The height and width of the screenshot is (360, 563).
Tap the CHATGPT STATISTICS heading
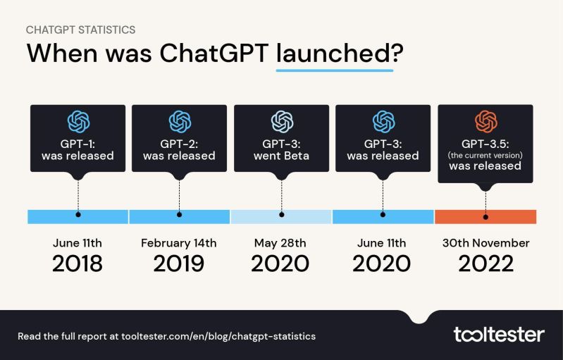click(81, 30)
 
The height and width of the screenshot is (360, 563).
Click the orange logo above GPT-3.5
click(485, 122)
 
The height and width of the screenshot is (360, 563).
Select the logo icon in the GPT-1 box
click(78, 122)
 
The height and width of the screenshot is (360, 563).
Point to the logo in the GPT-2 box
click(180, 122)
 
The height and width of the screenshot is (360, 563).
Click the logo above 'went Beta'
click(282, 122)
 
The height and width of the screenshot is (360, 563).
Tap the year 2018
click(78, 263)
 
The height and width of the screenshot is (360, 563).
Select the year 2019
click(179, 263)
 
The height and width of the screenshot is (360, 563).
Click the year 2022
click(485, 263)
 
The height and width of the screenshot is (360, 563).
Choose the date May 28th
click(281, 243)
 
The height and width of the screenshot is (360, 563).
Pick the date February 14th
click(179, 243)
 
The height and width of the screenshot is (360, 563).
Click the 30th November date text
click(485, 243)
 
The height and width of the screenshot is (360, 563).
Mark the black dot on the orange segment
click(485, 216)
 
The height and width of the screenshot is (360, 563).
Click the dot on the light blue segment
click(282, 214)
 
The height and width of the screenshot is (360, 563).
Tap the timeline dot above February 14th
click(180, 214)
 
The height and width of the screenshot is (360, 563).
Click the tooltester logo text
click(498, 334)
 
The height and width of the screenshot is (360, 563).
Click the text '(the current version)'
click(485, 154)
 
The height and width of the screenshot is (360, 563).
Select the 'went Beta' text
click(281, 156)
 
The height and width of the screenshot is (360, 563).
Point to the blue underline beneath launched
click(334, 69)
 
